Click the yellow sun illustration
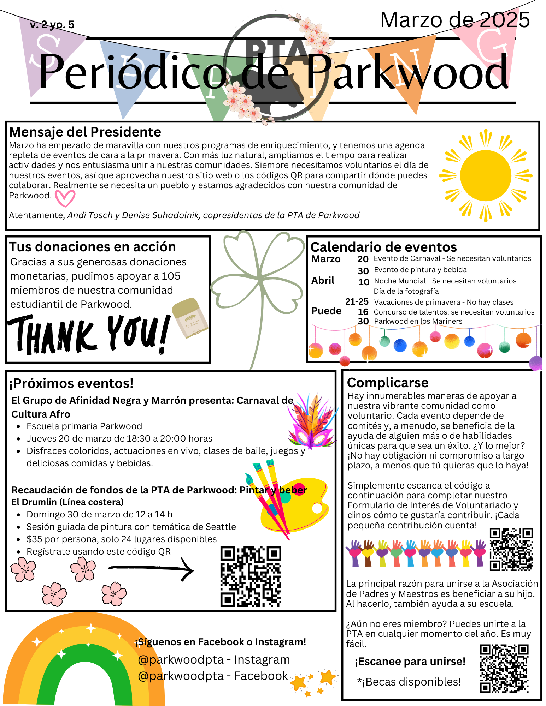pos(486,175)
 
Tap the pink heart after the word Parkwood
pos(65,198)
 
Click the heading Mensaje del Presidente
pos(85,132)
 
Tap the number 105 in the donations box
pos(171,276)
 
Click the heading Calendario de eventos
pos(383,247)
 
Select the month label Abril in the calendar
pos(323,281)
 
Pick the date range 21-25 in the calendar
pos(357,301)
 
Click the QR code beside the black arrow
pos(251,576)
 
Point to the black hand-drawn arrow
pos(151,568)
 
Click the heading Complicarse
pos(388,383)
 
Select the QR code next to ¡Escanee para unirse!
pos(504,668)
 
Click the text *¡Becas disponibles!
pos(409,682)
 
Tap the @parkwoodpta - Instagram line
pos(214,659)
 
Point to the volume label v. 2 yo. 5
pos(52,25)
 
